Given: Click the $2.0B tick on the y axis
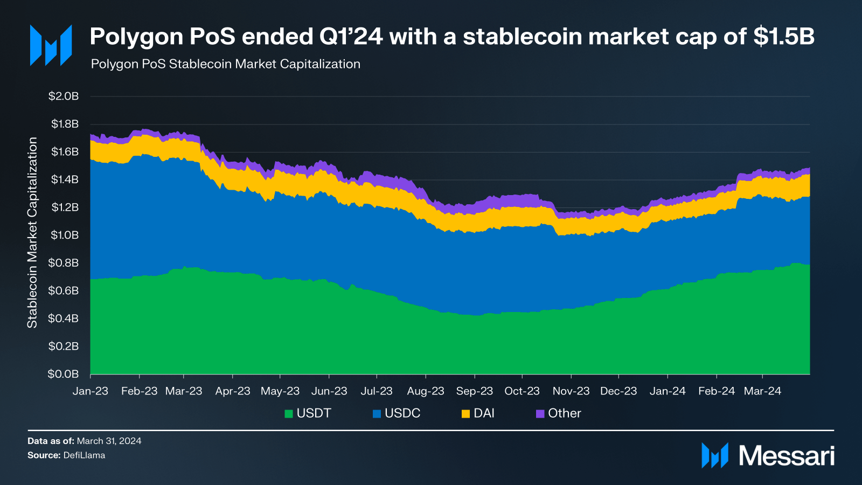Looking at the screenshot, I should (64, 96).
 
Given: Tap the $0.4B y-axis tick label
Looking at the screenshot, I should (64, 318).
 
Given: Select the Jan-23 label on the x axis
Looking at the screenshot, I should (91, 391).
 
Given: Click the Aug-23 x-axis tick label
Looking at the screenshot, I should (426, 391).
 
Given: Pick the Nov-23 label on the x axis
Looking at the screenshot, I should (571, 391).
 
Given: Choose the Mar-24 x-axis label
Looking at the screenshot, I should (762, 391).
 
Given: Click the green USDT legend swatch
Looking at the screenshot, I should (289, 414).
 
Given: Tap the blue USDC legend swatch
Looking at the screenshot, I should (377, 414).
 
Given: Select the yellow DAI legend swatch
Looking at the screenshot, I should (465, 414).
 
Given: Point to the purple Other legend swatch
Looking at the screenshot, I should (540, 414).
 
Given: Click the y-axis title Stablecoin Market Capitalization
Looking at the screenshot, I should (32, 233).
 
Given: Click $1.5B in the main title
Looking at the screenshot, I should (784, 37).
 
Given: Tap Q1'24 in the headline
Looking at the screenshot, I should (351, 37).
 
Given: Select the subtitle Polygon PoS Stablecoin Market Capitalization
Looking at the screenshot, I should (226, 64).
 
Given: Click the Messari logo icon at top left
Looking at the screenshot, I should (51, 45).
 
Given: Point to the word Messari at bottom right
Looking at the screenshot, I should (787, 456).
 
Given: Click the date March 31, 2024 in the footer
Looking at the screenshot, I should (109, 441).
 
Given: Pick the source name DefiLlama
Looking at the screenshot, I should (85, 455).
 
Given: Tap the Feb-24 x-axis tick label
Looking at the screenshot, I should (717, 391).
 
